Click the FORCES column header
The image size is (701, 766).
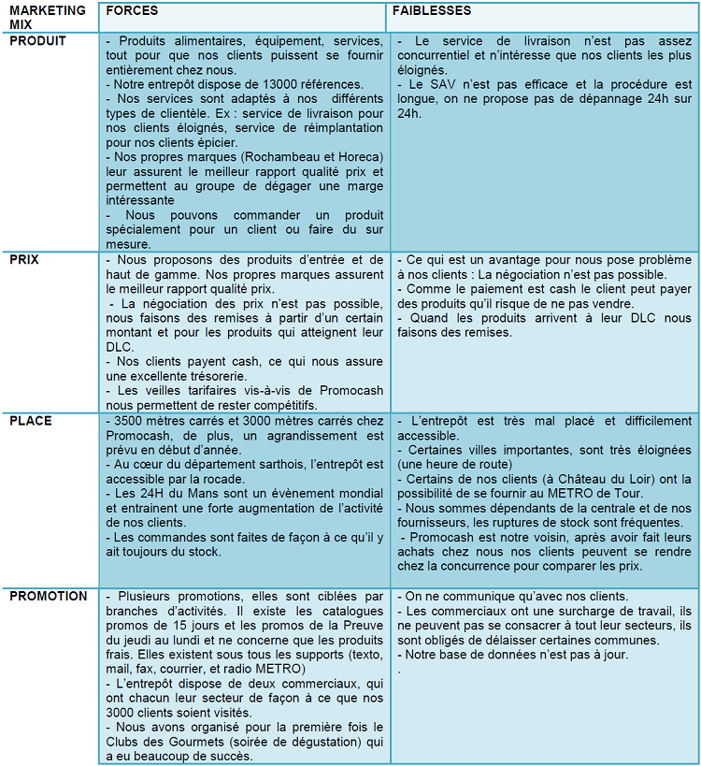[132, 11]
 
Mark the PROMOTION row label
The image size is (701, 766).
[48, 596]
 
